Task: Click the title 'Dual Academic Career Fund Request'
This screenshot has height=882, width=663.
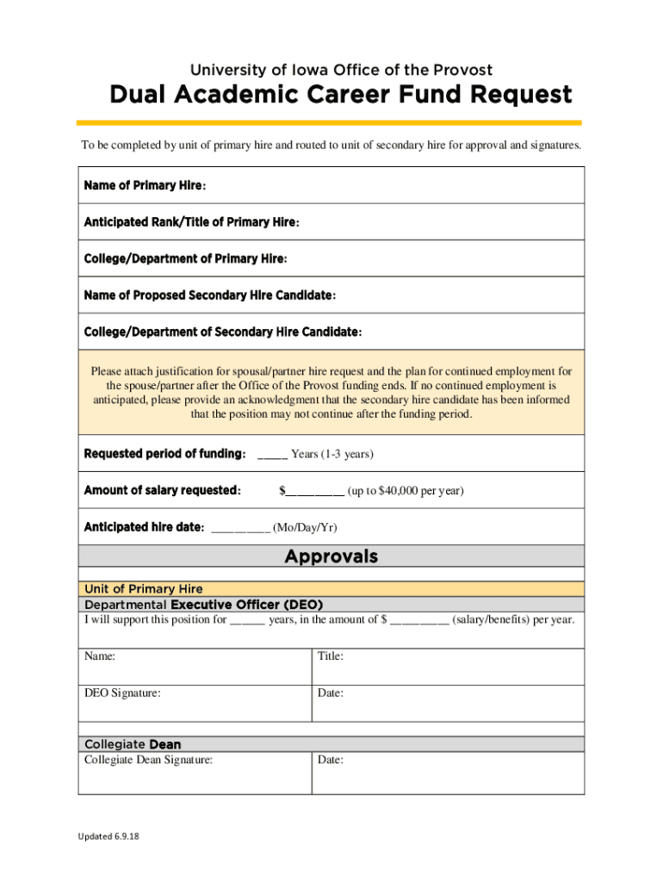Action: (340, 95)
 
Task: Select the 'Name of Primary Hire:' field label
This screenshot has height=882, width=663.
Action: (145, 186)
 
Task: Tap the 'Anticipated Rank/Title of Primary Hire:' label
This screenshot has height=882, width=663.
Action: (191, 223)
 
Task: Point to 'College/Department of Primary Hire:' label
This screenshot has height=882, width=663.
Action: (185, 259)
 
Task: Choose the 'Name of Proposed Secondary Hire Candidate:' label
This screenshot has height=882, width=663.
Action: (209, 296)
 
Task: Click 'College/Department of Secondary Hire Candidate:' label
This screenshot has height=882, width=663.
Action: (222, 332)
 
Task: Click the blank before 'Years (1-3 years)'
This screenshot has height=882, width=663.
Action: (272, 455)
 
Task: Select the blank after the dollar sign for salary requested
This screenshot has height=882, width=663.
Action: (315, 492)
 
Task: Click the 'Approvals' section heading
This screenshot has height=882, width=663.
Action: (331, 556)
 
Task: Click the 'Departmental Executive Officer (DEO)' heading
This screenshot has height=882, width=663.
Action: (203, 605)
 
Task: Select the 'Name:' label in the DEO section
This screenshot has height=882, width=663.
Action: (100, 656)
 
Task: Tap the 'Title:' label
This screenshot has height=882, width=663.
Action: (331, 656)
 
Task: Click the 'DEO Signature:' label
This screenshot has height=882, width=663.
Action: (121, 693)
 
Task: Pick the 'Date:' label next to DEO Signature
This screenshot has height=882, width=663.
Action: (331, 693)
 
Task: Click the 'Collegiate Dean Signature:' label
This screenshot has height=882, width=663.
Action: (148, 760)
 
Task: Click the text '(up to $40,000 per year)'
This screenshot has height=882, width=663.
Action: (406, 491)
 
